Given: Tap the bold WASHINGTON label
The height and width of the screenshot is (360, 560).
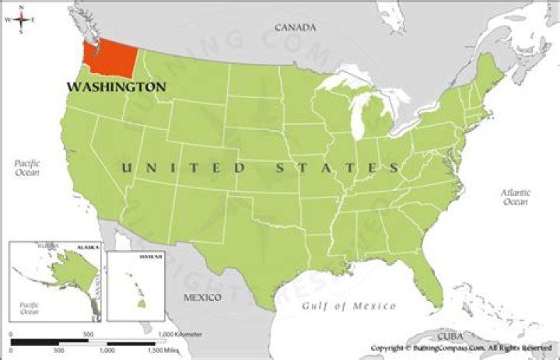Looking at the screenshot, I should click(117, 87).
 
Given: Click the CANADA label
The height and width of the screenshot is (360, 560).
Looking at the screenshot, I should click(296, 27).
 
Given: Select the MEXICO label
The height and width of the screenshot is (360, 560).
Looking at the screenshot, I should click(202, 298).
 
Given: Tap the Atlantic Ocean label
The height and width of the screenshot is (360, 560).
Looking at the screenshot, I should click(516, 197).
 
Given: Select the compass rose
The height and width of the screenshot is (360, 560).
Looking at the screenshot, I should click(22, 19).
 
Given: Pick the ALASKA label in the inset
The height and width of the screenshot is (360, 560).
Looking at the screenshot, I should click(87, 248).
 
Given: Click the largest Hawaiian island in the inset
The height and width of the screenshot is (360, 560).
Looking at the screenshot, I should click(143, 304).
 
